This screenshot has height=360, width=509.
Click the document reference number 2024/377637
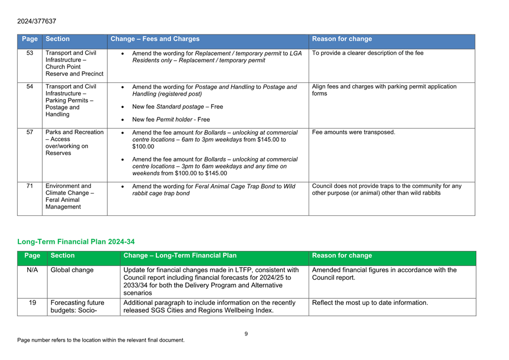pos(37,21)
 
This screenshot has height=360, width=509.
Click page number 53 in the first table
pos(30,53)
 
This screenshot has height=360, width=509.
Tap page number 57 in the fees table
pos(30,132)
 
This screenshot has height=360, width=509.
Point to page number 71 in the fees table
pos(30,185)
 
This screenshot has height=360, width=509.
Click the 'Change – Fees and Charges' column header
pos(155,40)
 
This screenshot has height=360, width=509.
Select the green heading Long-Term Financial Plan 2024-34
pos(76,241)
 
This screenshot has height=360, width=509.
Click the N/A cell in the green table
pos(32,270)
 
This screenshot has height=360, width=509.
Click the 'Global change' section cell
pos(72,270)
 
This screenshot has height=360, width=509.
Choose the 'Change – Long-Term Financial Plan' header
pos(180,256)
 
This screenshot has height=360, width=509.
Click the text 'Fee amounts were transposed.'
pos(354,132)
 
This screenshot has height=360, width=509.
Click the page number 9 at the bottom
pos(246,333)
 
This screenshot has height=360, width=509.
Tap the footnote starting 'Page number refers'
pos(100,340)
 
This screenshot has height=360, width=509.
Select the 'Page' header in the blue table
pos(30,40)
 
